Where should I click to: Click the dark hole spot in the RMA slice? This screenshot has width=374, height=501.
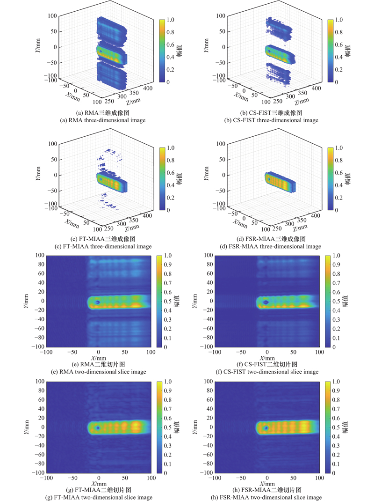[x=97, y=302]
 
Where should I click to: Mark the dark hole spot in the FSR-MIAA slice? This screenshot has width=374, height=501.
[x=266, y=428]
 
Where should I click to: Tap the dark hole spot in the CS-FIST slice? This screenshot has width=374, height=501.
[x=266, y=302]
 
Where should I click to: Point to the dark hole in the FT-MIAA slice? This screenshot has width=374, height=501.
[x=97, y=428]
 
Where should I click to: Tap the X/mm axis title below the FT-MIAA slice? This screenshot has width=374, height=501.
[x=98, y=483]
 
